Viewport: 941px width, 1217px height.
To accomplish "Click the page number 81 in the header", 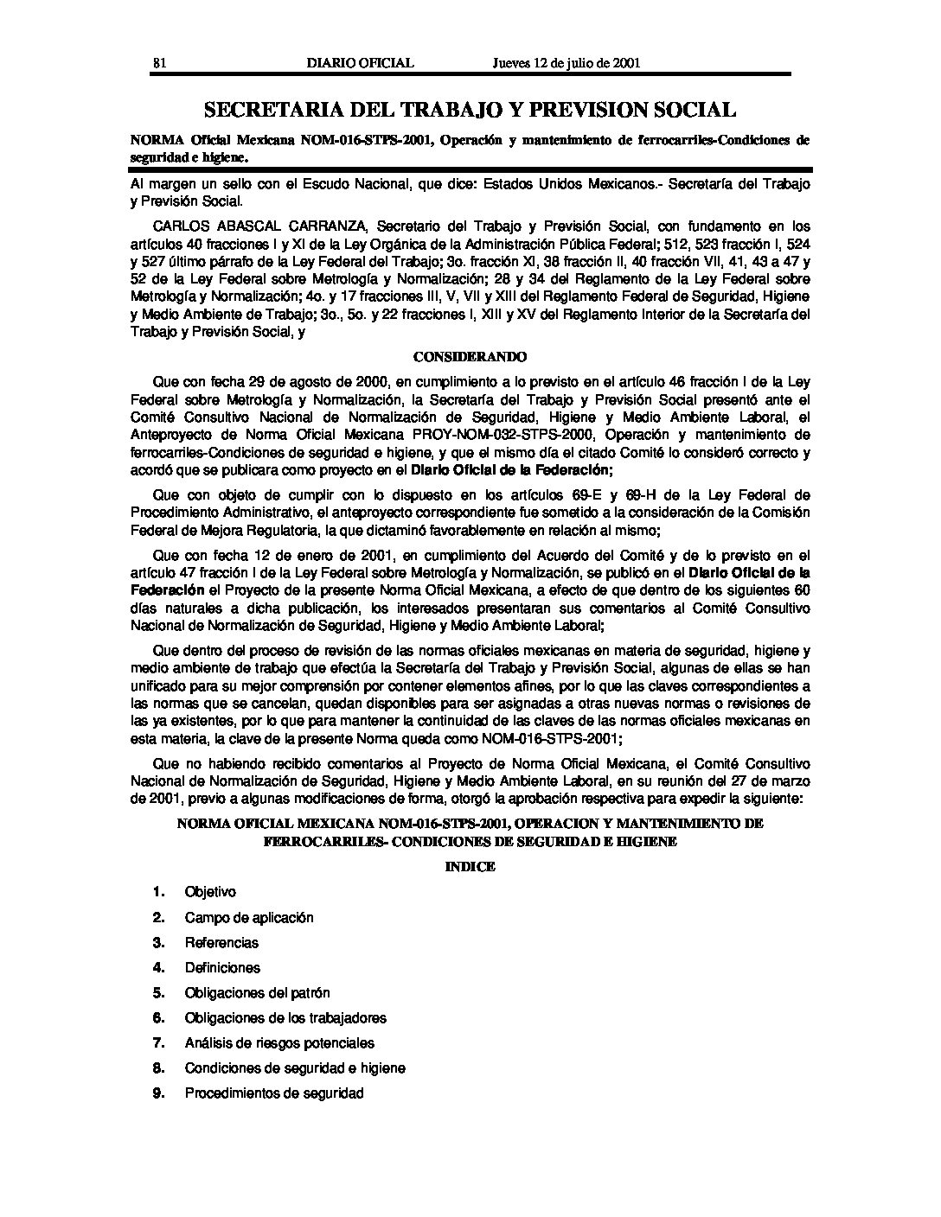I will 159,62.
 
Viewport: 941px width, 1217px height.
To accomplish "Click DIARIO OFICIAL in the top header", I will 361,62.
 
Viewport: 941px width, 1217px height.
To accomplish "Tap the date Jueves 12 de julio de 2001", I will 567,62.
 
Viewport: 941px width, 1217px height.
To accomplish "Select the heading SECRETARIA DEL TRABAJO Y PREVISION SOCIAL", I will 470,110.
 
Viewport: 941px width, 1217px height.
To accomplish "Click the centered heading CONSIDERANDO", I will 470,356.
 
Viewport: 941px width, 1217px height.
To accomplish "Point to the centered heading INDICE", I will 470,867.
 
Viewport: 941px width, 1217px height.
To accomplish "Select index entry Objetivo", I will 210,892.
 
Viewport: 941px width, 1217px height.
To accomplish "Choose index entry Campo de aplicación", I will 249,917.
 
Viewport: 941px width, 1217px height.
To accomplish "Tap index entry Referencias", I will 221,942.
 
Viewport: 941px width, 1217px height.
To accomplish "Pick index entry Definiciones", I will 222,967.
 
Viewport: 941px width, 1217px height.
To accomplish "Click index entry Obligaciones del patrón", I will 257,993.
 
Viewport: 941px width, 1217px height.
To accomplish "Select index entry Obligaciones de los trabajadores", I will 285,1018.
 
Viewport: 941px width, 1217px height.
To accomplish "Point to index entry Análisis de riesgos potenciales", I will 279,1043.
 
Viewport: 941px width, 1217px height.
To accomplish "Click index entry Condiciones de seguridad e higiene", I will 295,1068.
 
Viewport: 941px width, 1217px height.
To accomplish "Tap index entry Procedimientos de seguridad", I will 274,1093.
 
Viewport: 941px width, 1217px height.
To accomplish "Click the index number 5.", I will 158,993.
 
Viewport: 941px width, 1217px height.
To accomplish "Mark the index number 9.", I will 158,1093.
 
